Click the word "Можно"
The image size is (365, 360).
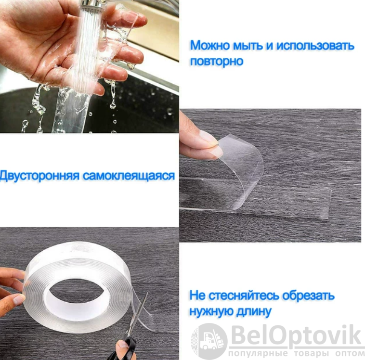(x=210, y=45)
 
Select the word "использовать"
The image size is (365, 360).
(x=315, y=46)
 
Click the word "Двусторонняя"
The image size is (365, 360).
(x=39, y=176)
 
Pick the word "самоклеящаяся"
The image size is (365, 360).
(x=129, y=176)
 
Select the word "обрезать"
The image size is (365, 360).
(x=308, y=296)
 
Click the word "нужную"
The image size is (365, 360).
(x=211, y=311)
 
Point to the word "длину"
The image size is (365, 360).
(x=254, y=311)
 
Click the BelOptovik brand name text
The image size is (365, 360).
(x=296, y=336)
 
